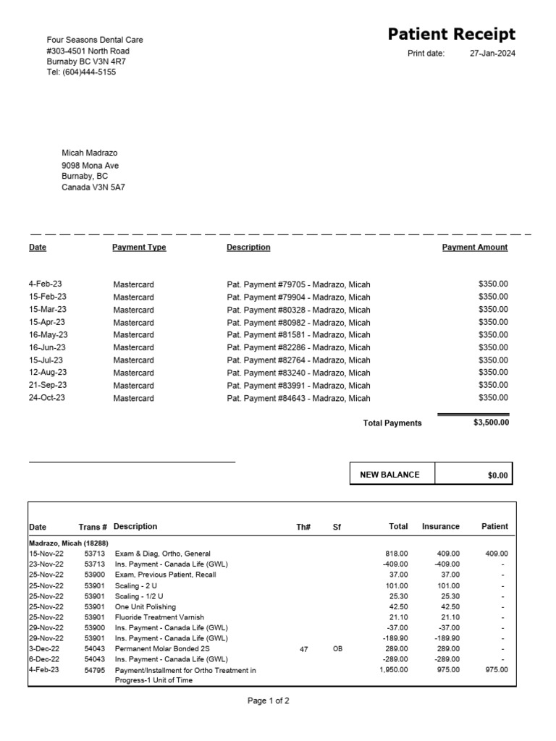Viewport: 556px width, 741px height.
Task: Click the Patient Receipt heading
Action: coord(452,34)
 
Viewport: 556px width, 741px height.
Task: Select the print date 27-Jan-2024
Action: coord(492,54)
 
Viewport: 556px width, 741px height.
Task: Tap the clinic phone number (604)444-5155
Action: coord(81,72)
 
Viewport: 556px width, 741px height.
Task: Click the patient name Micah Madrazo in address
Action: coord(90,153)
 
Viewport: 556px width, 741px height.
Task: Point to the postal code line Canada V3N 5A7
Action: coord(93,187)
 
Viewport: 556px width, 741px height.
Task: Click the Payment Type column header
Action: coord(139,247)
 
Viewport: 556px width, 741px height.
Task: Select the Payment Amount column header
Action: coord(474,247)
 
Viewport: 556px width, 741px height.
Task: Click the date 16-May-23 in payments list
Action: coord(48,335)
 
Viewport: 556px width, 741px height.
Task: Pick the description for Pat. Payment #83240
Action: coord(298,373)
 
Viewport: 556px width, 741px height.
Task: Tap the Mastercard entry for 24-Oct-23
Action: coord(133,398)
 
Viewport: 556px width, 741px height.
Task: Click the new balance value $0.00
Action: coord(498,475)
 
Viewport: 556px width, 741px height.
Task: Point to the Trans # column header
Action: coord(93,527)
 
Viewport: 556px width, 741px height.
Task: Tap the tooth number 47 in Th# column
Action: coord(304,649)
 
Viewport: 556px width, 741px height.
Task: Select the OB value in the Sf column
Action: coord(337,649)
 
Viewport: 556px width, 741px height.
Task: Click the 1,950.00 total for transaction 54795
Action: coord(393,670)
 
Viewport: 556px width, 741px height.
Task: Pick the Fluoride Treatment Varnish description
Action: coord(159,617)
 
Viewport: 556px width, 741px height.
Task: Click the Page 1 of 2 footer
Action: coord(269,700)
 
